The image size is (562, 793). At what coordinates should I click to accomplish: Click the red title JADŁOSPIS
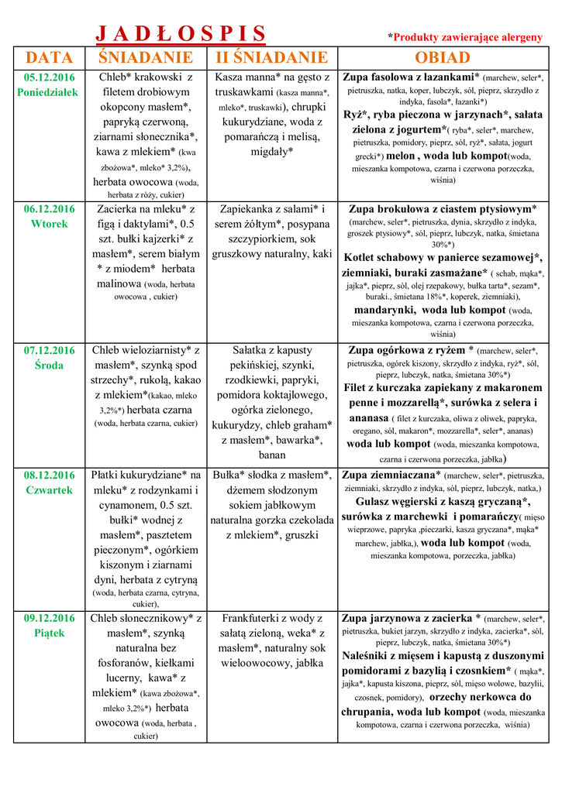pyautogui.click(x=180, y=33)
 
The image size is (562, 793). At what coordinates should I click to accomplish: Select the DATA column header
pyautogui.click(x=50, y=58)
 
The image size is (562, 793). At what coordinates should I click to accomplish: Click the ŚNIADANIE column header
pyautogui.click(x=146, y=58)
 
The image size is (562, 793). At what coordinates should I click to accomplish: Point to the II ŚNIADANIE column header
pyautogui.click(x=271, y=58)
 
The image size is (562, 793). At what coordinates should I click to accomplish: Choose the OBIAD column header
pyautogui.click(x=442, y=58)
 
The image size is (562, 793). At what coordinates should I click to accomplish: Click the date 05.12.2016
pyautogui.click(x=50, y=77)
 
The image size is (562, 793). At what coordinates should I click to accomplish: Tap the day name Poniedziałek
pyautogui.click(x=48, y=92)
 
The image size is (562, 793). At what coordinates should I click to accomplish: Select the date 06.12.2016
pyautogui.click(x=50, y=209)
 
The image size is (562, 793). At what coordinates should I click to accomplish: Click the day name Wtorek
pyautogui.click(x=50, y=224)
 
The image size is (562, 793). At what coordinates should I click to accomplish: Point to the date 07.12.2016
pyautogui.click(x=50, y=350)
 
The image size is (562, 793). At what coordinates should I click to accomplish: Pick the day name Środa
pyautogui.click(x=50, y=366)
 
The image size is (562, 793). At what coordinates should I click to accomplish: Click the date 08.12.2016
pyautogui.click(x=50, y=475)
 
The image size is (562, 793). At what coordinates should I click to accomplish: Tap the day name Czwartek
pyautogui.click(x=49, y=490)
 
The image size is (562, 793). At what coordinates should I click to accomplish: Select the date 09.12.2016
pyautogui.click(x=50, y=618)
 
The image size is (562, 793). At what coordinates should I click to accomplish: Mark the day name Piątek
pyautogui.click(x=50, y=633)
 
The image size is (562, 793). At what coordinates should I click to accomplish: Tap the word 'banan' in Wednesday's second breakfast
pyautogui.click(x=272, y=455)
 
